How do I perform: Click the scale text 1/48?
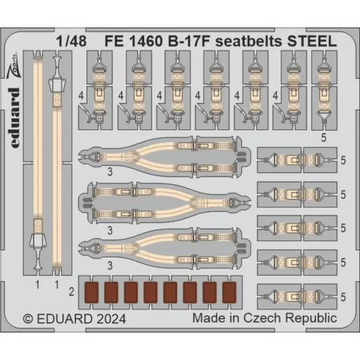pyautogui.click(x=71, y=41)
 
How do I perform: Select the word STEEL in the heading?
pyautogui.click(x=312, y=41)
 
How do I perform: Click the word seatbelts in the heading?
pyautogui.click(x=248, y=41)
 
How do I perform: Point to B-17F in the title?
pyautogui.click(x=188, y=41)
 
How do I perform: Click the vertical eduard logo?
pyautogui.click(x=15, y=118)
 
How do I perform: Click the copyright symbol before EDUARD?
pyautogui.click(x=28, y=319)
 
